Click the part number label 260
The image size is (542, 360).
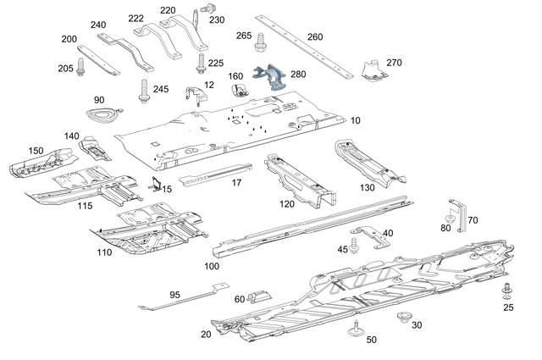tap(315, 36)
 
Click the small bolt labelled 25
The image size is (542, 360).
tap(507, 292)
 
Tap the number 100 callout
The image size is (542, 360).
tap(212, 266)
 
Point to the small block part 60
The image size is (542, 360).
tap(259, 296)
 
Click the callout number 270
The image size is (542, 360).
tap(394, 62)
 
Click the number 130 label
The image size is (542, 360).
tap(367, 187)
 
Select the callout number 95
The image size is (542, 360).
tap(174, 295)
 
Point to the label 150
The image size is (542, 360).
tap(36, 150)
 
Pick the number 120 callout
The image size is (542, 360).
tap(287, 203)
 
